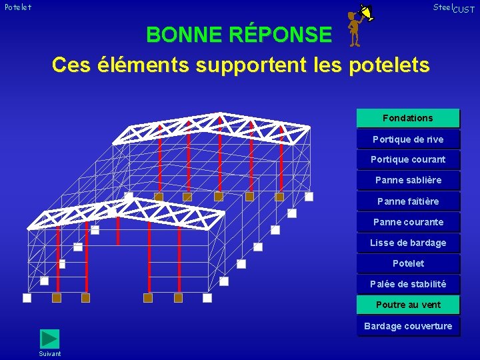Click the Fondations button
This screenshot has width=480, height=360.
click(x=408, y=118)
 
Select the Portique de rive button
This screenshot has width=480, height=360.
click(x=408, y=139)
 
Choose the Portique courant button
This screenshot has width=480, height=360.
click(x=408, y=159)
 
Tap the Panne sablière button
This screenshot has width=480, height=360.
click(x=408, y=180)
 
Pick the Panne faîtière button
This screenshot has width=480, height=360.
click(x=408, y=201)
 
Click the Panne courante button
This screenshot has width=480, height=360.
click(x=408, y=222)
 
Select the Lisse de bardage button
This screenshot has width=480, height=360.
click(x=408, y=243)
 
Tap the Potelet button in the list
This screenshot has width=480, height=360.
click(x=408, y=263)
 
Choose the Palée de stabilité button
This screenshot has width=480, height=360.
click(x=408, y=284)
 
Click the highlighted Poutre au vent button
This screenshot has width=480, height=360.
click(x=408, y=305)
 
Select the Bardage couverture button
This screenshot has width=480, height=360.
click(x=408, y=326)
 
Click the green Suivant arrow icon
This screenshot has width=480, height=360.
click(x=49, y=339)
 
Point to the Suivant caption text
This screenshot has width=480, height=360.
click(x=50, y=353)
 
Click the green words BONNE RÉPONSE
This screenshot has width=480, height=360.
click(x=239, y=34)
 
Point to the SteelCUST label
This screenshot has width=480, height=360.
click(x=454, y=8)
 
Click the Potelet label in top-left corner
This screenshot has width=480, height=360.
click(x=18, y=7)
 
